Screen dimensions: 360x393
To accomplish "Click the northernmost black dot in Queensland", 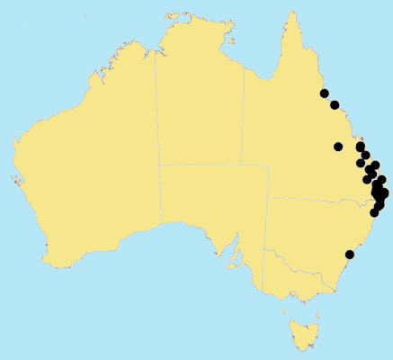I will (325, 94).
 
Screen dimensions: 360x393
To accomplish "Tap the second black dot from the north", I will (335, 105).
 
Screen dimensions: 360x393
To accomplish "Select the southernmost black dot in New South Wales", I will (350, 255).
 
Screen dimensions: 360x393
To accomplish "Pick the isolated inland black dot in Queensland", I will (338, 147).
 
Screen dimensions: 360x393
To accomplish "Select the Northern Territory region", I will (200, 108).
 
